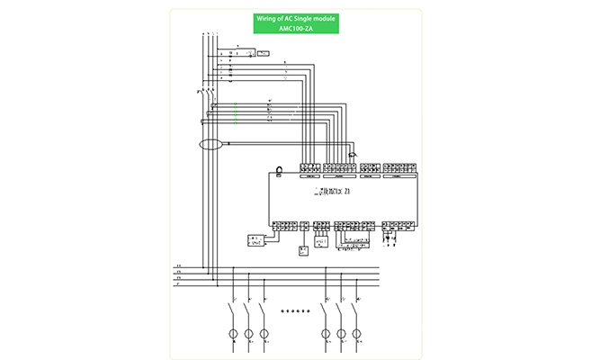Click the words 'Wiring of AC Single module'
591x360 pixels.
pyautogui.click(x=295, y=18)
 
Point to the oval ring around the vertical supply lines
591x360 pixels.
pyautogui.click(x=210, y=144)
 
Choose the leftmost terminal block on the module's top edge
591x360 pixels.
pyautogui.click(x=309, y=167)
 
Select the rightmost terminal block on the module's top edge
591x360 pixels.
pyautogui.click(x=396, y=167)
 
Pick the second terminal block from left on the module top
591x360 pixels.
pyautogui.click(x=339, y=167)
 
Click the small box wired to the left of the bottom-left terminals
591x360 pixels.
pyautogui.click(x=256, y=240)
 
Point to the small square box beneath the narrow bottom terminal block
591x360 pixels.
pyautogui.click(x=303, y=249)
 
